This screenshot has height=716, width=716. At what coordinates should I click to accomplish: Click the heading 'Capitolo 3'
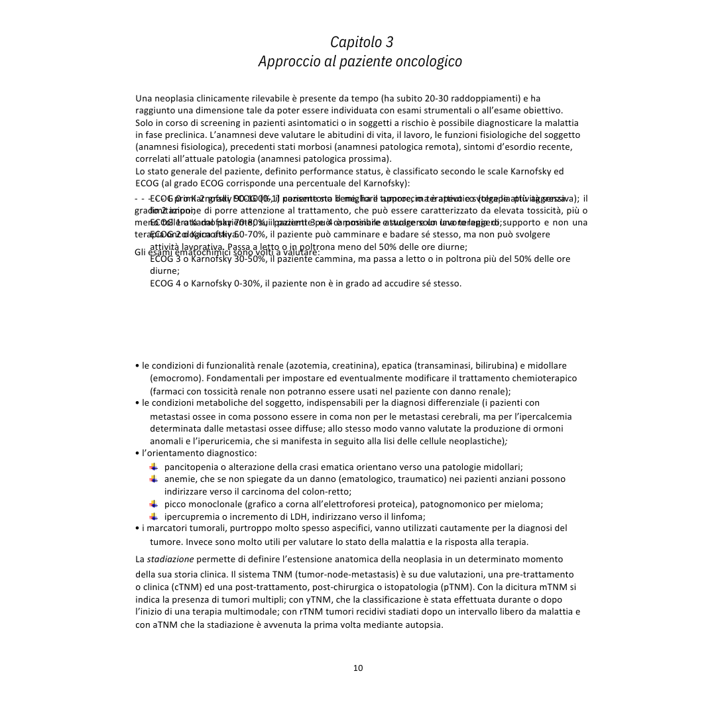pos(361,42)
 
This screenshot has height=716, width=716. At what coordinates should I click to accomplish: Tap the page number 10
pos(358,668)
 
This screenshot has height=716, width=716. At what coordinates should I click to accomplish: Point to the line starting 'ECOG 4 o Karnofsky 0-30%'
pos(305,283)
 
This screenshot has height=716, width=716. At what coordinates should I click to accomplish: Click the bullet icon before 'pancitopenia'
pos(154,467)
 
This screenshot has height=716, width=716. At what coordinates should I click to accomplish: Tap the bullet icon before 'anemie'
pos(154,479)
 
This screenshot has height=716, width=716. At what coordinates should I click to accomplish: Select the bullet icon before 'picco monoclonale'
pos(154,504)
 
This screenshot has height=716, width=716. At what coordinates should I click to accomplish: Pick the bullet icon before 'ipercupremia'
pos(154,516)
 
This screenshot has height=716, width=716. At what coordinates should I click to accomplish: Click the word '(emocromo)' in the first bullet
pos(174,378)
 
